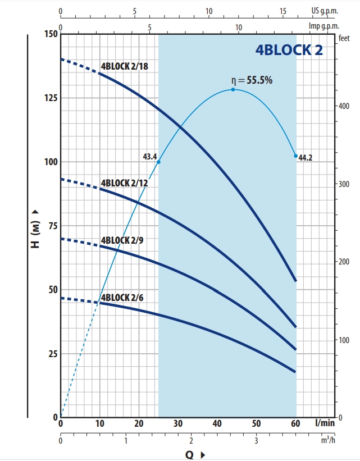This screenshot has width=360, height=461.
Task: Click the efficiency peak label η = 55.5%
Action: coord(252,80)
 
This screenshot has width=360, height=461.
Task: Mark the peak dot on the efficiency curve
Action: coord(233,89)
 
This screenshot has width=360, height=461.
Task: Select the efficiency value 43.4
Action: coord(150,156)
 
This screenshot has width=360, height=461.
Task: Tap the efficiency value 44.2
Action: coord(305,158)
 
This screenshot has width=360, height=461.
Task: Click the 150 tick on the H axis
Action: coord(49,34)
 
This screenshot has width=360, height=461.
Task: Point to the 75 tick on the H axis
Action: coord(52,226)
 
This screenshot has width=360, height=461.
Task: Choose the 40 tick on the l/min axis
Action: coord(217,423)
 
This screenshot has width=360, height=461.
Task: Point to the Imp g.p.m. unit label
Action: coord(324,25)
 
